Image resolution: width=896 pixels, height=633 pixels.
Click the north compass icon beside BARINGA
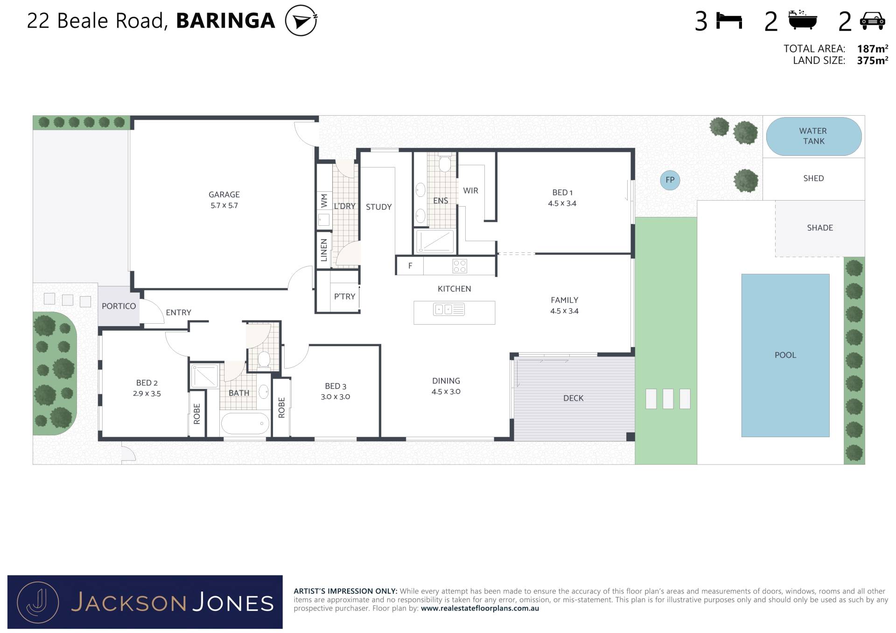coord(301,21)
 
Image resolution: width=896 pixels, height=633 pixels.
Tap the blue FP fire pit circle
coord(670,180)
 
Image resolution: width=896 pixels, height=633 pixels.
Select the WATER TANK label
coord(813,136)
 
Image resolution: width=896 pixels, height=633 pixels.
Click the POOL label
coord(785,355)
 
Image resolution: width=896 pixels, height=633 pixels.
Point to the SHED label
coord(813,178)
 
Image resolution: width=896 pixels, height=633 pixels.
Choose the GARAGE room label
coord(224,195)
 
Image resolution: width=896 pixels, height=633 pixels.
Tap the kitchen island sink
coord(443,309)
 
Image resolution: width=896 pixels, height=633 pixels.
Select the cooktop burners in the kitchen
coord(460,266)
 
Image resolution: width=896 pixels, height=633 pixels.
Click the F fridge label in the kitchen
coord(410,266)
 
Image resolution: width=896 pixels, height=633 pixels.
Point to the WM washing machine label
coord(324,201)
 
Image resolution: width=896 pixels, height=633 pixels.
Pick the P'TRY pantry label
coord(345,296)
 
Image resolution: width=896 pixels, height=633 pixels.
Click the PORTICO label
coord(119,306)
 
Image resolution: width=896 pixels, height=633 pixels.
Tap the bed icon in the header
coord(729,21)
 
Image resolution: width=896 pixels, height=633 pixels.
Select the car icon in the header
coord(872,21)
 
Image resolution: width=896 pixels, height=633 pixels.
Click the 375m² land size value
coord(872,60)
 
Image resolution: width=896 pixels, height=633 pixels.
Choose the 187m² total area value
coord(872,49)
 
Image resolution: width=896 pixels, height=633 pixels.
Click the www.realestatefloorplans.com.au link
coord(480,608)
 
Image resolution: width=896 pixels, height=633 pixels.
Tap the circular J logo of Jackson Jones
coord(38,602)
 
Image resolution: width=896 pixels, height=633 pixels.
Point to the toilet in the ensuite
coord(445,163)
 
